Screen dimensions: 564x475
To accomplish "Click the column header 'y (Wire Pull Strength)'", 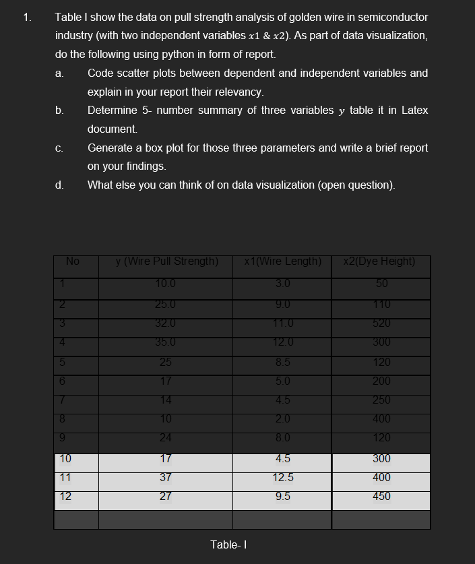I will [x=166, y=261].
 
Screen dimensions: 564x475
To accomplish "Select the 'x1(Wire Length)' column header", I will [x=283, y=261].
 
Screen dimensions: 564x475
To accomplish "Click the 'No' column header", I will [x=73, y=261].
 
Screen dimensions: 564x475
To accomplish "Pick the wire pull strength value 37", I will [x=166, y=477].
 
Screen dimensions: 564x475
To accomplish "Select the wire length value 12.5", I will [x=283, y=477].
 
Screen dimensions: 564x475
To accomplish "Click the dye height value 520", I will [x=381, y=322].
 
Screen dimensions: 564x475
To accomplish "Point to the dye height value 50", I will [x=381, y=283].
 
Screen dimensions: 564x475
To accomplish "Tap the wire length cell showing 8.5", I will [x=283, y=362].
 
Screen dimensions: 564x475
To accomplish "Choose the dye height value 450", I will [x=381, y=496].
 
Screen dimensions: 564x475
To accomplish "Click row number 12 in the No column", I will [x=66, y=496].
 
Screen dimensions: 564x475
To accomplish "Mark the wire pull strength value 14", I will [x=166, y=400].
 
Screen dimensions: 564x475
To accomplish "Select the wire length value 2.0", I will [x=283, y=418].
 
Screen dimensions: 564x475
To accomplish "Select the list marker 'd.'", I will [x=59, y=185].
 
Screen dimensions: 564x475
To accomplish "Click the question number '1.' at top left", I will [x=27, y=18].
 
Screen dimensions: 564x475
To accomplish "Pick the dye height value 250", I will [x=381, y=400].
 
